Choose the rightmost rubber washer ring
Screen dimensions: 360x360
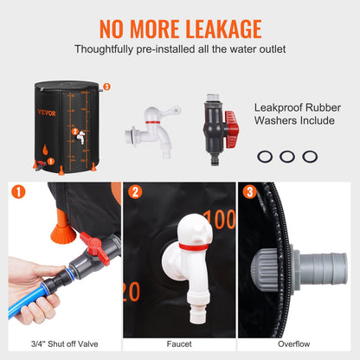pyautogui.click(x=310, y=157)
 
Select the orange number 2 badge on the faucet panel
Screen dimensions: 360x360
pyautogui.click(x=136, y=194)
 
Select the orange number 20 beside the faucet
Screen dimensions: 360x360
pyautogui.click(x=132, y=292)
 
